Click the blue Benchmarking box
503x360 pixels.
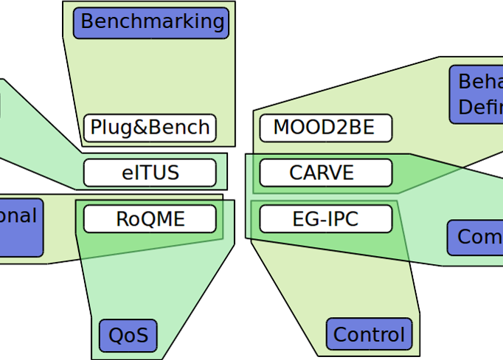pos(151,23)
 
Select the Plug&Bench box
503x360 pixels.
pos(150,128)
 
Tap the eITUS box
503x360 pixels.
pos(150,173)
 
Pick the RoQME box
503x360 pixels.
pos(150,219)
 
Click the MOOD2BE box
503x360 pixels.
pos(325,128)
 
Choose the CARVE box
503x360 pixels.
pos(325,173)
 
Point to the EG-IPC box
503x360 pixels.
pos(325,219)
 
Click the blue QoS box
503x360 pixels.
pos(128,336)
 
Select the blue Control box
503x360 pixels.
pos(370,335)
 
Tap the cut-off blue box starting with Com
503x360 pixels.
pos(476,237)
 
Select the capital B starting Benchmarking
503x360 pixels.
pos(88,22)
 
